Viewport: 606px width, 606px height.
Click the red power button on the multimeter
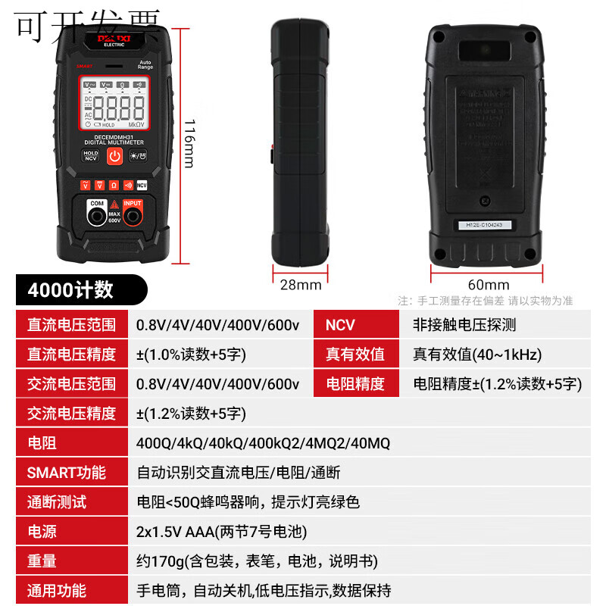[x=114, y=156]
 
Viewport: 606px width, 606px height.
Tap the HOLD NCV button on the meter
[x=90, y=155]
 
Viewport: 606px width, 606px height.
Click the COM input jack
[x=97, y=217]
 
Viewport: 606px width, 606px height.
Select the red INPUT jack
[x=133, y=217]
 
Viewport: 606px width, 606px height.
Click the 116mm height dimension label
[x=190, y=143]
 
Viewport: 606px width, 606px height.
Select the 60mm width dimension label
[x=488, y=285]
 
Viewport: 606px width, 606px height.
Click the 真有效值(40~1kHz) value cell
[x=476, y=355]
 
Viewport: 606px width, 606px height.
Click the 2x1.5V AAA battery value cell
[x=221, y=532]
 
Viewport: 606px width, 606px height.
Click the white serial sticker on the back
[x=484, y=224]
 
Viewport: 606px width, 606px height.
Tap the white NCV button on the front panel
[x=142, y=185]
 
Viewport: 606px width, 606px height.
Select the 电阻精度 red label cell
[x=355, y=384]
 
